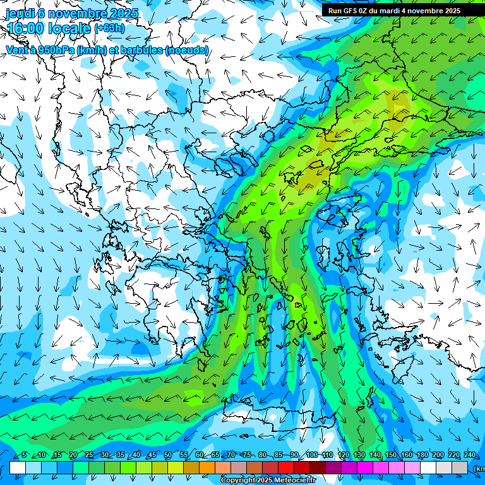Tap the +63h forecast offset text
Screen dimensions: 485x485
109,28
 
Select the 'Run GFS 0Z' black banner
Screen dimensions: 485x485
393,11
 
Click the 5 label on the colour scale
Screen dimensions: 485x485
24,455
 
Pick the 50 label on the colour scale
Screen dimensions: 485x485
168,455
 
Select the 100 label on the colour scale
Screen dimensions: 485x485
311,455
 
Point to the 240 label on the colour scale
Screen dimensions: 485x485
470,455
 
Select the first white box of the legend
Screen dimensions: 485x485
18,467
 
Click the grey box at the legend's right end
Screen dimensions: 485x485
460,467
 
